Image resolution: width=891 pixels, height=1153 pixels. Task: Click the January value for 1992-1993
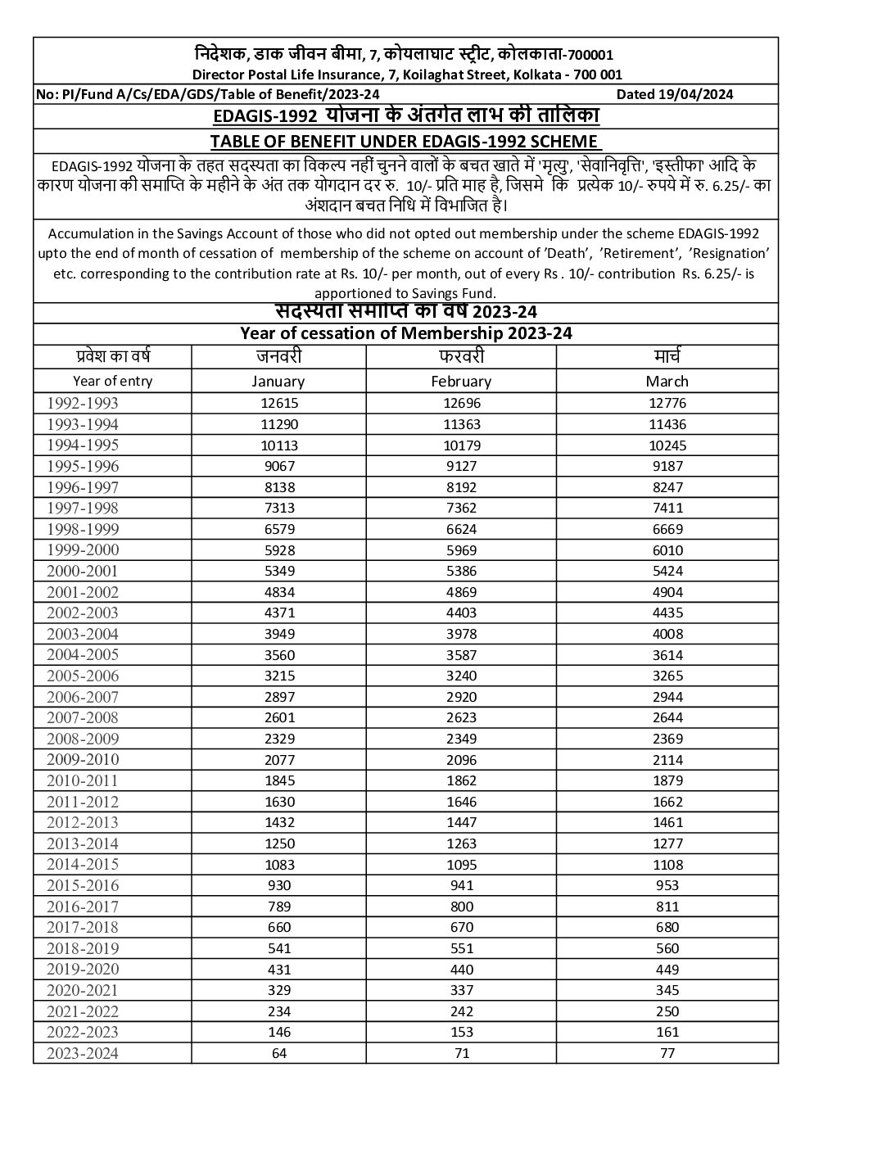point(278,403)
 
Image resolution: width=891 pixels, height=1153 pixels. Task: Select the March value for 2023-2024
point(667,1053)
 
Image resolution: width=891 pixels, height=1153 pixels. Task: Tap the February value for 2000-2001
point(461,571)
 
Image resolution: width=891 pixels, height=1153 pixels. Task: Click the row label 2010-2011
point(82,780)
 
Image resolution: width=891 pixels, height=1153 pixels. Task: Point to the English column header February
point(461,382)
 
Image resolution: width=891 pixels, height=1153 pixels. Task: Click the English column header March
point(667,382)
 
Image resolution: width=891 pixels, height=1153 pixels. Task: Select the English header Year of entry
point(112,381)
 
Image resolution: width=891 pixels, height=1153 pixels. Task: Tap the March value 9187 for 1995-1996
point(667,466)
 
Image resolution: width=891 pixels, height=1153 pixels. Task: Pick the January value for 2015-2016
point(278,885)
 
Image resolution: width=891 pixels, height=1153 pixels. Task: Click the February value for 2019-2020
point(461,969)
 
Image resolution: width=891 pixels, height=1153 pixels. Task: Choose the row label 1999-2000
point(82,549)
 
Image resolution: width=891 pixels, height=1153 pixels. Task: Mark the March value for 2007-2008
point(667,718)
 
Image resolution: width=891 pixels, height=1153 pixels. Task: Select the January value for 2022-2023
point(278,1032)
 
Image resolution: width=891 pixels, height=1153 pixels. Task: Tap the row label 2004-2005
point(82,654)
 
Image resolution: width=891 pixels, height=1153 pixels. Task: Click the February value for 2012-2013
point(461,822)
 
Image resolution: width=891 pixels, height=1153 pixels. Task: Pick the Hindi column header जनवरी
point(278,356)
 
